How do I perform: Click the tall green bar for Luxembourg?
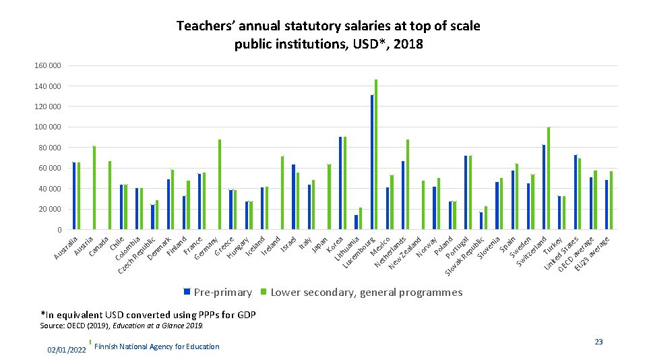tap(376, 155)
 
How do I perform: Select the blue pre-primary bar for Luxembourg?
tap(372, 162)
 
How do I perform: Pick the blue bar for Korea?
tap(340, 183)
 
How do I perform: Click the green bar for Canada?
tap(110, 195)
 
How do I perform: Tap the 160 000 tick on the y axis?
tap(47, 65)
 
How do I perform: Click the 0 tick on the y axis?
tap(58, 230)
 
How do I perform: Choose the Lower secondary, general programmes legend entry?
tap(366, 293)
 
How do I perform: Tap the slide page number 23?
tap(598, 342)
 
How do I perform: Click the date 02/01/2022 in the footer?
tap(66, 351)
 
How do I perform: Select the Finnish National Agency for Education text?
tap(157, 346)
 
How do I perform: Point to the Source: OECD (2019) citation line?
tap(122, 326)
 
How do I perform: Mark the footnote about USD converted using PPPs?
tap(148, 315)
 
